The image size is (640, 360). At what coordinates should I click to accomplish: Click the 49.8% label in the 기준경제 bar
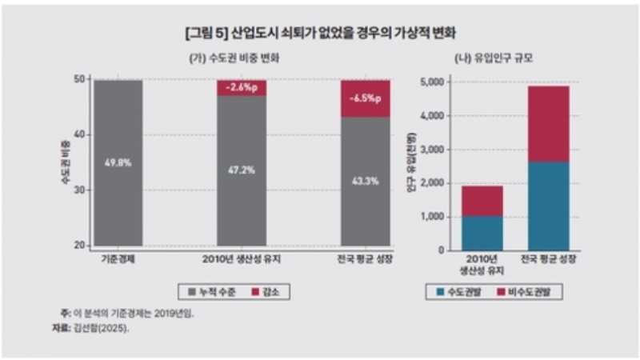tap(117, 162)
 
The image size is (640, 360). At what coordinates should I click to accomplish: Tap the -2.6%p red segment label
tap(241, 88)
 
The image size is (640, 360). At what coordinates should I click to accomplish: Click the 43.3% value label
tap(365, 181)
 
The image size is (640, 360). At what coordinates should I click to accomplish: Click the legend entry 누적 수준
tap(215, 292)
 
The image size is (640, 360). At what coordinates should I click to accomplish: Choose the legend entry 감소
tap(268, 292)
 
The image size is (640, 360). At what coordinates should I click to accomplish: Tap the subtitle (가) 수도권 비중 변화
tap(241, 60)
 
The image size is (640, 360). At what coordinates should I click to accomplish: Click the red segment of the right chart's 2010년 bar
tap(482, 201)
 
